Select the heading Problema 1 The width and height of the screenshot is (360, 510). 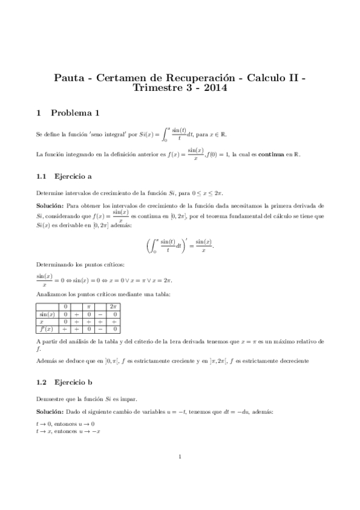point(75,112)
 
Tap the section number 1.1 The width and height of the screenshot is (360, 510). point(41,176)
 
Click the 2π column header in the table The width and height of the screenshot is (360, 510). point(113,307)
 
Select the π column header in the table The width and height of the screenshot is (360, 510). point(88,307)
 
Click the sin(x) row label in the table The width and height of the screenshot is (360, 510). point(47,315)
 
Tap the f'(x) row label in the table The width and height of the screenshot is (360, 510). point(47,329)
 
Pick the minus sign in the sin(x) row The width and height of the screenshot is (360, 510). point(100,315)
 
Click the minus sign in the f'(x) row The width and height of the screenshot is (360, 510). point(100,329)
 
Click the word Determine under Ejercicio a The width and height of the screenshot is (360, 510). point(50,192)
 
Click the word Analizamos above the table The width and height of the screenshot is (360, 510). point(52,295)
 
